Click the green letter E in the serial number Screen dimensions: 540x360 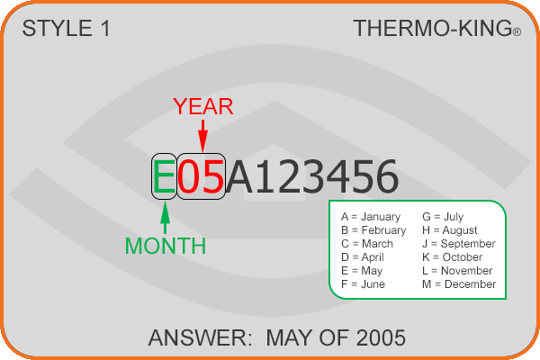coord(164,176)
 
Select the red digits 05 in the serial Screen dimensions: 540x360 coord(201,176)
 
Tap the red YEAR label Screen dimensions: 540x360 coord(203,106)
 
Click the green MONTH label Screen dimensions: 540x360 coord(166,246)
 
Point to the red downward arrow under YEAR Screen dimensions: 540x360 coord(202,136)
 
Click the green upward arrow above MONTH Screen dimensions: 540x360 coord(166,218)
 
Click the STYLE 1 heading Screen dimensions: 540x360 coord(66,28)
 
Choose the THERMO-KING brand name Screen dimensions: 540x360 coord(433,28)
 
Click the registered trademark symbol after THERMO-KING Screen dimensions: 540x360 coord(517,32)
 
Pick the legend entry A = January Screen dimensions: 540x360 coord(371,217)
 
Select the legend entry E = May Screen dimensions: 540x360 coord(362,271)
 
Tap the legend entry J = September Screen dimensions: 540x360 coord(459,244)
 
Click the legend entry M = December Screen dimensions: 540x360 coord(459,284)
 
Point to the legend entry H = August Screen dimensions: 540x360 coord(450,230)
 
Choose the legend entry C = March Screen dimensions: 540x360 coord(367,244)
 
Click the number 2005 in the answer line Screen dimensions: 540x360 coord(381,337)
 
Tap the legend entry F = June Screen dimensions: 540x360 coord(363,284)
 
